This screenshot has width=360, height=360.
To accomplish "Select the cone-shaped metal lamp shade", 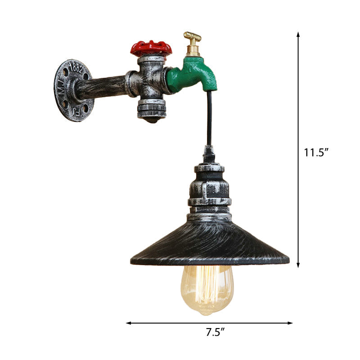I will [x=209, y=243].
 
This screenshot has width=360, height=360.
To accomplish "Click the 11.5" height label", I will [x=316, y=152].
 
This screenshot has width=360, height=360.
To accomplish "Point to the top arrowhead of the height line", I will [x=298, y=34].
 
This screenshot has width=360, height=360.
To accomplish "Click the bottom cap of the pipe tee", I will [x=151, y=110].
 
